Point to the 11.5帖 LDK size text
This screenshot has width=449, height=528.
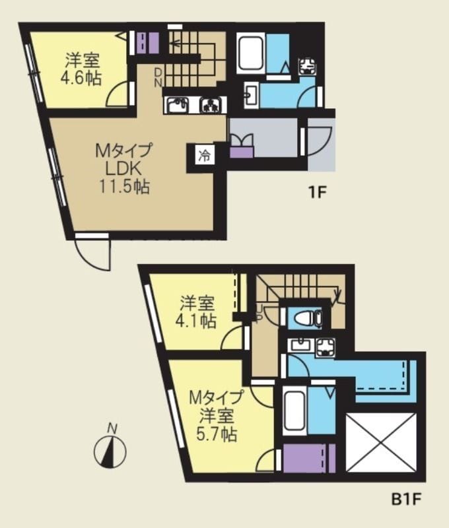124,187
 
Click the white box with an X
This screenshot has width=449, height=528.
382,442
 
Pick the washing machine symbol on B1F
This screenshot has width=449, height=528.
326,345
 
